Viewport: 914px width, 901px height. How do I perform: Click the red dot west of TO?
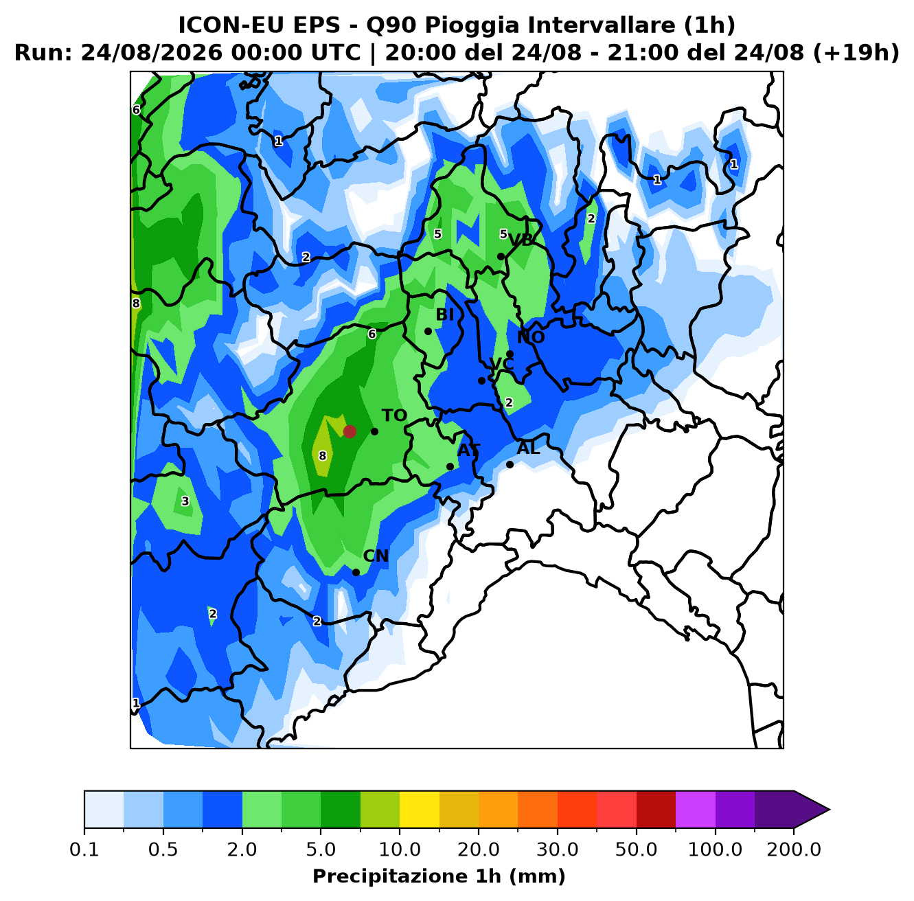coord(350,431)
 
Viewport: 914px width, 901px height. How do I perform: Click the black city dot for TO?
coord(374,431)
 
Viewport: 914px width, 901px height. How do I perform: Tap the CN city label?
coord(376,556)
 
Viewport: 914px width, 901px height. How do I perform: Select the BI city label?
coord(444,315)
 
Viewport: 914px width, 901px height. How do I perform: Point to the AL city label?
coord(528,448)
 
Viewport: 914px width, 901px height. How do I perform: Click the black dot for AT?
coord(450,466)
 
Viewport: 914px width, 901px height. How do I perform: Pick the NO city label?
coord(531,337)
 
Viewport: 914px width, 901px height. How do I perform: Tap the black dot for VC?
coord(481,380)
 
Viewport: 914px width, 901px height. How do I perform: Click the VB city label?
coord(521,240)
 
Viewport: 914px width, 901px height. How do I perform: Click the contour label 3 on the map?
coord(185,501)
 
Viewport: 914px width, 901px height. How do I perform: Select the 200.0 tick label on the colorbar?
coord(794,849)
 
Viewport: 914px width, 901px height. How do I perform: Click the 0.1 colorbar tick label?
coord(84,849)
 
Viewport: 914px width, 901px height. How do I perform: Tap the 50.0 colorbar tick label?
coord(636,849)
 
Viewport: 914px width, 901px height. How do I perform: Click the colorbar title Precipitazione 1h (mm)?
coord(439,876)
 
